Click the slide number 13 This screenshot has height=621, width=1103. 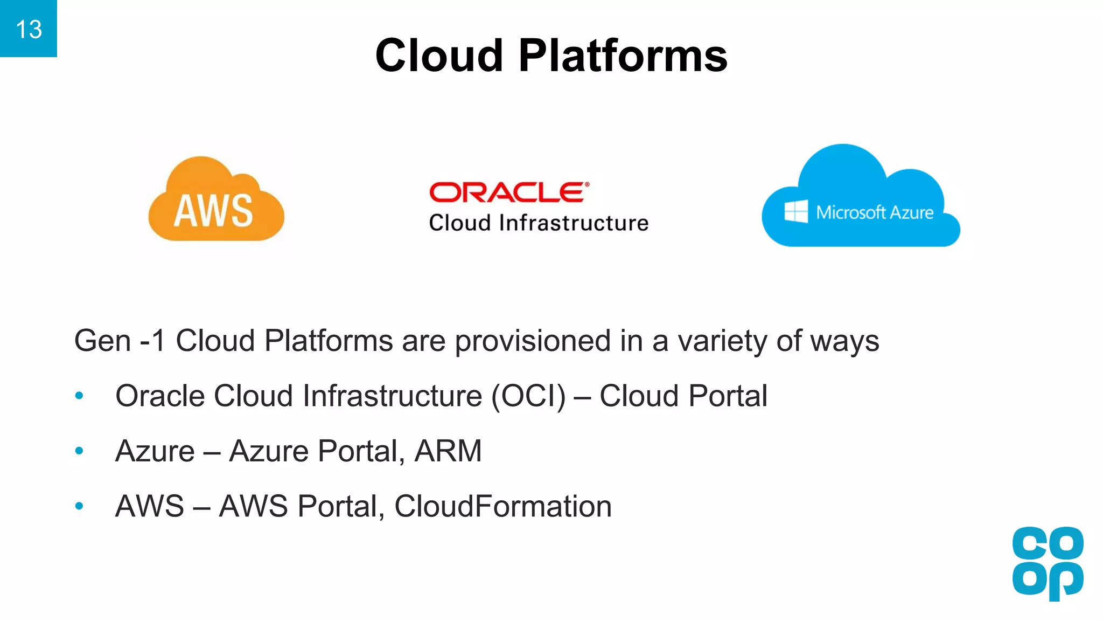(29, 29)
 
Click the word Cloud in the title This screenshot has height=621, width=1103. (439, 56)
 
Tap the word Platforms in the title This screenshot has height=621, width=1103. (623, 56)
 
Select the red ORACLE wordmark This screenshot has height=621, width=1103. (508, 192)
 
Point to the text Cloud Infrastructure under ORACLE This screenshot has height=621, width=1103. (539, 223)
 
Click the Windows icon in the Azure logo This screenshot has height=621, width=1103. (796, 211)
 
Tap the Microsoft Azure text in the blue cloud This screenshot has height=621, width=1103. (875, 212)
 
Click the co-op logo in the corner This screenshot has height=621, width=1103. (1048, 563)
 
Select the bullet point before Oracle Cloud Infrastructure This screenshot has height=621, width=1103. (79, 396)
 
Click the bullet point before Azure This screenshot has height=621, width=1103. (79, 451)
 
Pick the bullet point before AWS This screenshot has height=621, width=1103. (79, 506)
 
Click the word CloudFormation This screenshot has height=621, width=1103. (502, 506)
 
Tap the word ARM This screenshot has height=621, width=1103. (448, 451)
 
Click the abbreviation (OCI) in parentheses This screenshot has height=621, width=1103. (528, 396)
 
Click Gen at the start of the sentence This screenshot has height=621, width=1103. (102, 341)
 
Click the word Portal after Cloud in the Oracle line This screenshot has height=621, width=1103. (728, 396)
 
